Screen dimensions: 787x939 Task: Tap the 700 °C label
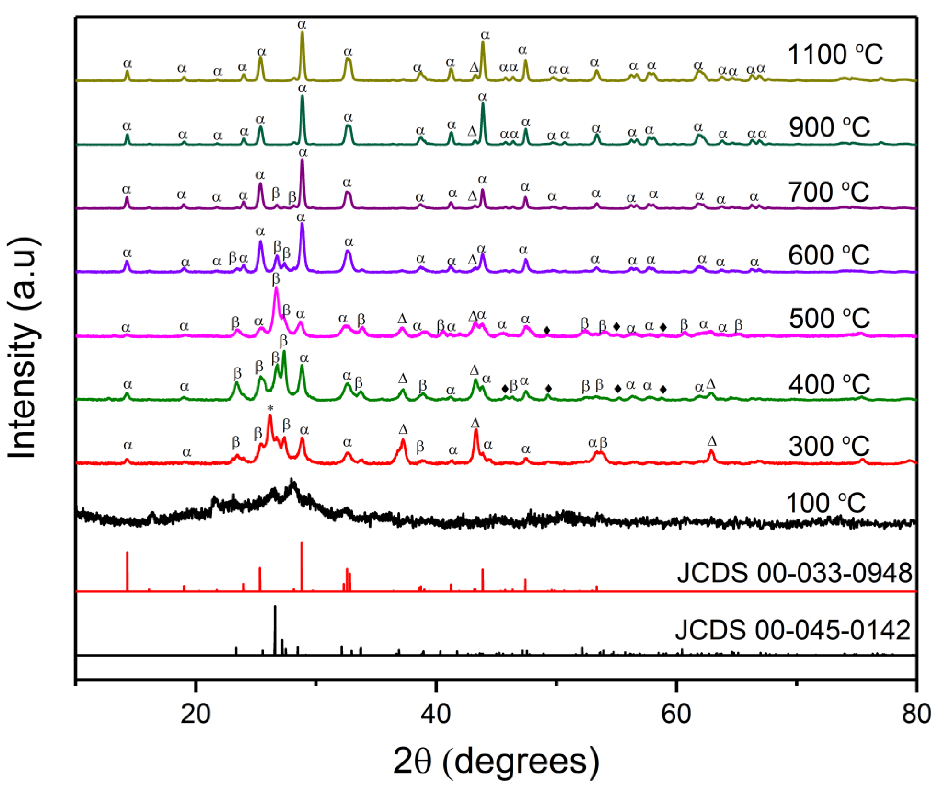click(x=828, y=192)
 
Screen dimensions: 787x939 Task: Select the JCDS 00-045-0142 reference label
click(x=792, y=631)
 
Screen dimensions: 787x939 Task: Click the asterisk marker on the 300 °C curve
click(x=270, y=408)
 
